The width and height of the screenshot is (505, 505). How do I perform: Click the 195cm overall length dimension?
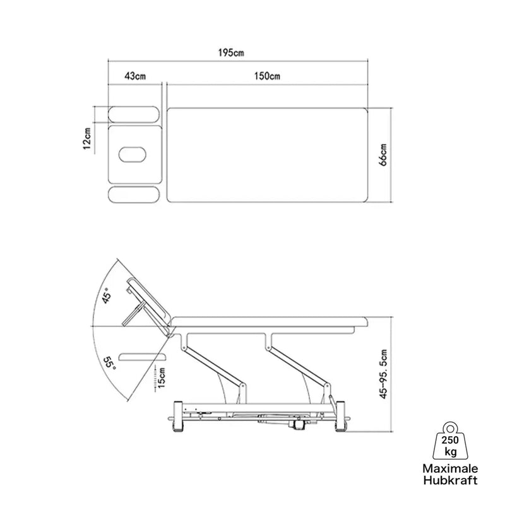tap(231, 52)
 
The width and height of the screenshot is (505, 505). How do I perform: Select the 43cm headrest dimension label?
tap(135, 76)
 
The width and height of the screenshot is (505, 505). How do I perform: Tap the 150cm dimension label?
tap(267, 76)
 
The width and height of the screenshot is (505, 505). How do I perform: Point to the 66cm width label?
tap(383, 155)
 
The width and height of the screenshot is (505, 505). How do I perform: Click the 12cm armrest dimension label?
tap(87, 138)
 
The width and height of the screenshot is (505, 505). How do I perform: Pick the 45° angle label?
tap(107, 296)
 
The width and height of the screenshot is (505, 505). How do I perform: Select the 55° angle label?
tap(109, 363)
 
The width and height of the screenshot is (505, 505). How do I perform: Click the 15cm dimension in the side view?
tap(162, 377)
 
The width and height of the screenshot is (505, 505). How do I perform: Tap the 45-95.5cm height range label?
tap(383, 374)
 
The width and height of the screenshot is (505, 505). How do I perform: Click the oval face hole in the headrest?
tap(132, 155)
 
